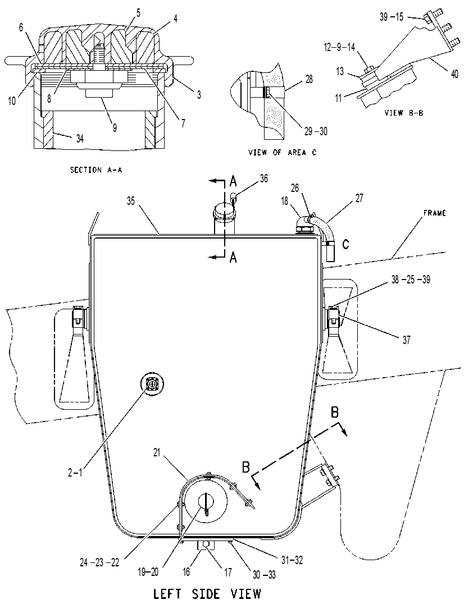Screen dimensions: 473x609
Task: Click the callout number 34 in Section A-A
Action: tap(80, 138)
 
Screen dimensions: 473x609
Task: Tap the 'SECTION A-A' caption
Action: tap(96, 170)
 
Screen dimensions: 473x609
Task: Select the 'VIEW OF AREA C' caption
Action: tap(283, 153)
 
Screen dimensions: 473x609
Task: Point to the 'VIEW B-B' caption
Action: tap(404, 113)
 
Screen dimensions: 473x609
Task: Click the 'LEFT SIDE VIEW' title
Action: tap(207, 594)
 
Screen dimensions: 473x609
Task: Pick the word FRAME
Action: tap(435, 213)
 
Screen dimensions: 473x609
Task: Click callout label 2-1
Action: tap(75, 473)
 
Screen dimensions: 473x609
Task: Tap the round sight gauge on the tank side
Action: tap(152, 384)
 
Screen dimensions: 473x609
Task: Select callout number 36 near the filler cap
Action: tap(264, 178)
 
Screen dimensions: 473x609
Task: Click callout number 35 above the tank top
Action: tap(130, 201)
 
